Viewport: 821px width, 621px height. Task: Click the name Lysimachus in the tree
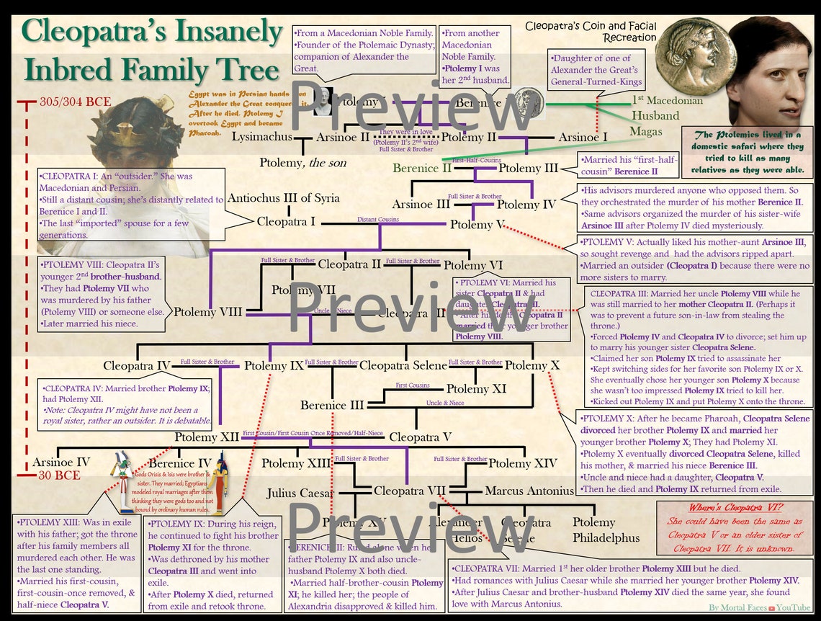[x=262, y=136]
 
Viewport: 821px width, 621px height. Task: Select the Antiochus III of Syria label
[x=283, y=198]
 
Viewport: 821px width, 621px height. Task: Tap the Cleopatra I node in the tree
[x=287, y=221]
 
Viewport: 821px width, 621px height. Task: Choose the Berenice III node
[x=332, y=405]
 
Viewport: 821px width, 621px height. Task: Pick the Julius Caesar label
[x=300, y=493]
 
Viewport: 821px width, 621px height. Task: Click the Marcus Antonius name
[x=529, y=491]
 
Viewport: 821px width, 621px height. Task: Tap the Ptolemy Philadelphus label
[x=605, y=530]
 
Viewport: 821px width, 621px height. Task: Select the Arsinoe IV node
[x=61, y=463]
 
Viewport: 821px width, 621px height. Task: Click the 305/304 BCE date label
[x=75, y=101]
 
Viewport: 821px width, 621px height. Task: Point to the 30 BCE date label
[x=59, y=476]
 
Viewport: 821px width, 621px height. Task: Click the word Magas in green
[x=645, y=131]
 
